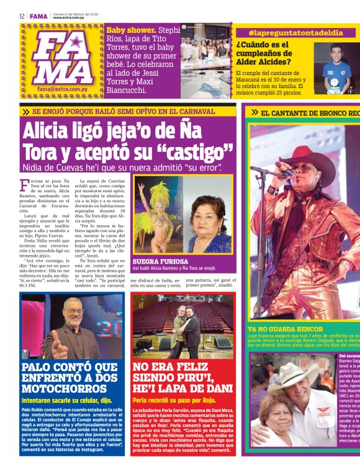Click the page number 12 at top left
[22, 16]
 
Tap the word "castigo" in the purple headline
[198, 153]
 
